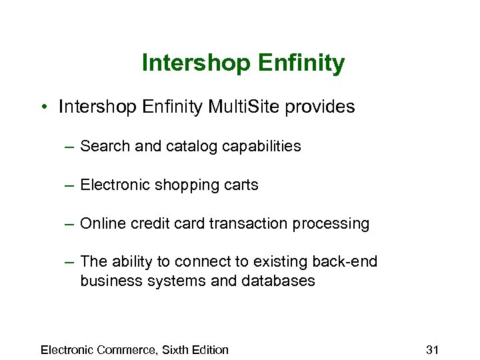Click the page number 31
tap(431, 349)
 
